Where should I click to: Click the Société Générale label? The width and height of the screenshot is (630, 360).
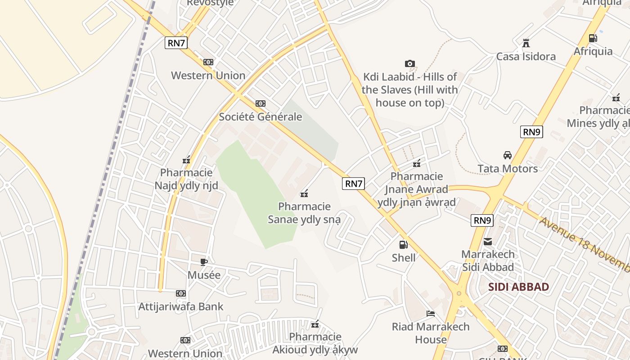coord(260,117)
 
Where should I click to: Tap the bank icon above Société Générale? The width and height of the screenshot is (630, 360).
coord(260,103)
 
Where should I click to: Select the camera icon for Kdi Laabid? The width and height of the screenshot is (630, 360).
coord(409,63)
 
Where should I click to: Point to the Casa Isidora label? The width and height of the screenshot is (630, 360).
coord(526,57)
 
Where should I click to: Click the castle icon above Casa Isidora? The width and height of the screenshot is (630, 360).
coord(526,43)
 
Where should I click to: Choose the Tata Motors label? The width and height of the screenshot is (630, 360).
coord(508,169)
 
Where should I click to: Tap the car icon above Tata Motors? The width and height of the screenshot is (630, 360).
coord(508,155)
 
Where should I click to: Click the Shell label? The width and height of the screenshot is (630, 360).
coord(404,258)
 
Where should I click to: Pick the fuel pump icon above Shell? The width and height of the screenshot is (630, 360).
coord(404,245)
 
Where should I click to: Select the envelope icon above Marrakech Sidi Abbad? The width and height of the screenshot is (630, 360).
coord(488,242)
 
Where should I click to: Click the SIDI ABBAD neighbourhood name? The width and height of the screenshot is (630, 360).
coord(518,287)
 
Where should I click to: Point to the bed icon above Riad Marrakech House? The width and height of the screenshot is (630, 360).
coord(431,313)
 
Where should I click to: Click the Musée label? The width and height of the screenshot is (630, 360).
coord(204,275)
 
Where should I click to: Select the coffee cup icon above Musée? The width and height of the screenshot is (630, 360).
coord(204,262)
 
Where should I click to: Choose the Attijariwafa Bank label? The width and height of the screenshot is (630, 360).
coord(181,307)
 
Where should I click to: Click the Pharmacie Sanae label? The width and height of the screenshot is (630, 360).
coord(304,213)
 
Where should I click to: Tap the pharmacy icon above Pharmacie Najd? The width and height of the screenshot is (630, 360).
coord(186,160)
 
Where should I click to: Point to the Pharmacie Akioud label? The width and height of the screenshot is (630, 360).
coord(315,343)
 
